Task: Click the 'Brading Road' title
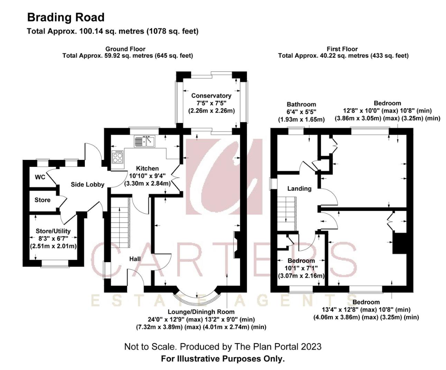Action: coord(66,18)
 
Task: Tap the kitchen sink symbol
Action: coord(144,141)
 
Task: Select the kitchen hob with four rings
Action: coord(118,157)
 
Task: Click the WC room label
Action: coord(40,177)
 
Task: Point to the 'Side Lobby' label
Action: coord(88,184)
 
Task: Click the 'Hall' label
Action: coord(135,259)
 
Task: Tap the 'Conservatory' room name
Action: coord(211,96)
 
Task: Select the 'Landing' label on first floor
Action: coord(299,188)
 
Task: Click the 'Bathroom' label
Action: coord(301,105)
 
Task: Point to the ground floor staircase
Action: coord(121,223)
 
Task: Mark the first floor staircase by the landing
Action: coord(287,210)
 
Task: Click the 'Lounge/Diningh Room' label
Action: coord(201,312)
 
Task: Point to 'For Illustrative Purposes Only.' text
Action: coord(223,359)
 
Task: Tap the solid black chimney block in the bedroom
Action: coord(400,243)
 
